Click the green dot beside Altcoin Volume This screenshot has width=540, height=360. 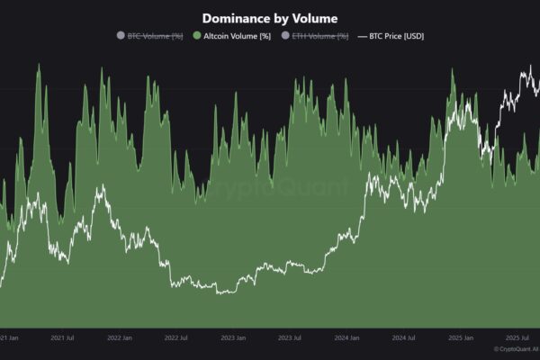[197, 36]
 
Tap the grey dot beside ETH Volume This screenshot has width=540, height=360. [285, 36]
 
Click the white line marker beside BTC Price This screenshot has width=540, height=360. [363, 36]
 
